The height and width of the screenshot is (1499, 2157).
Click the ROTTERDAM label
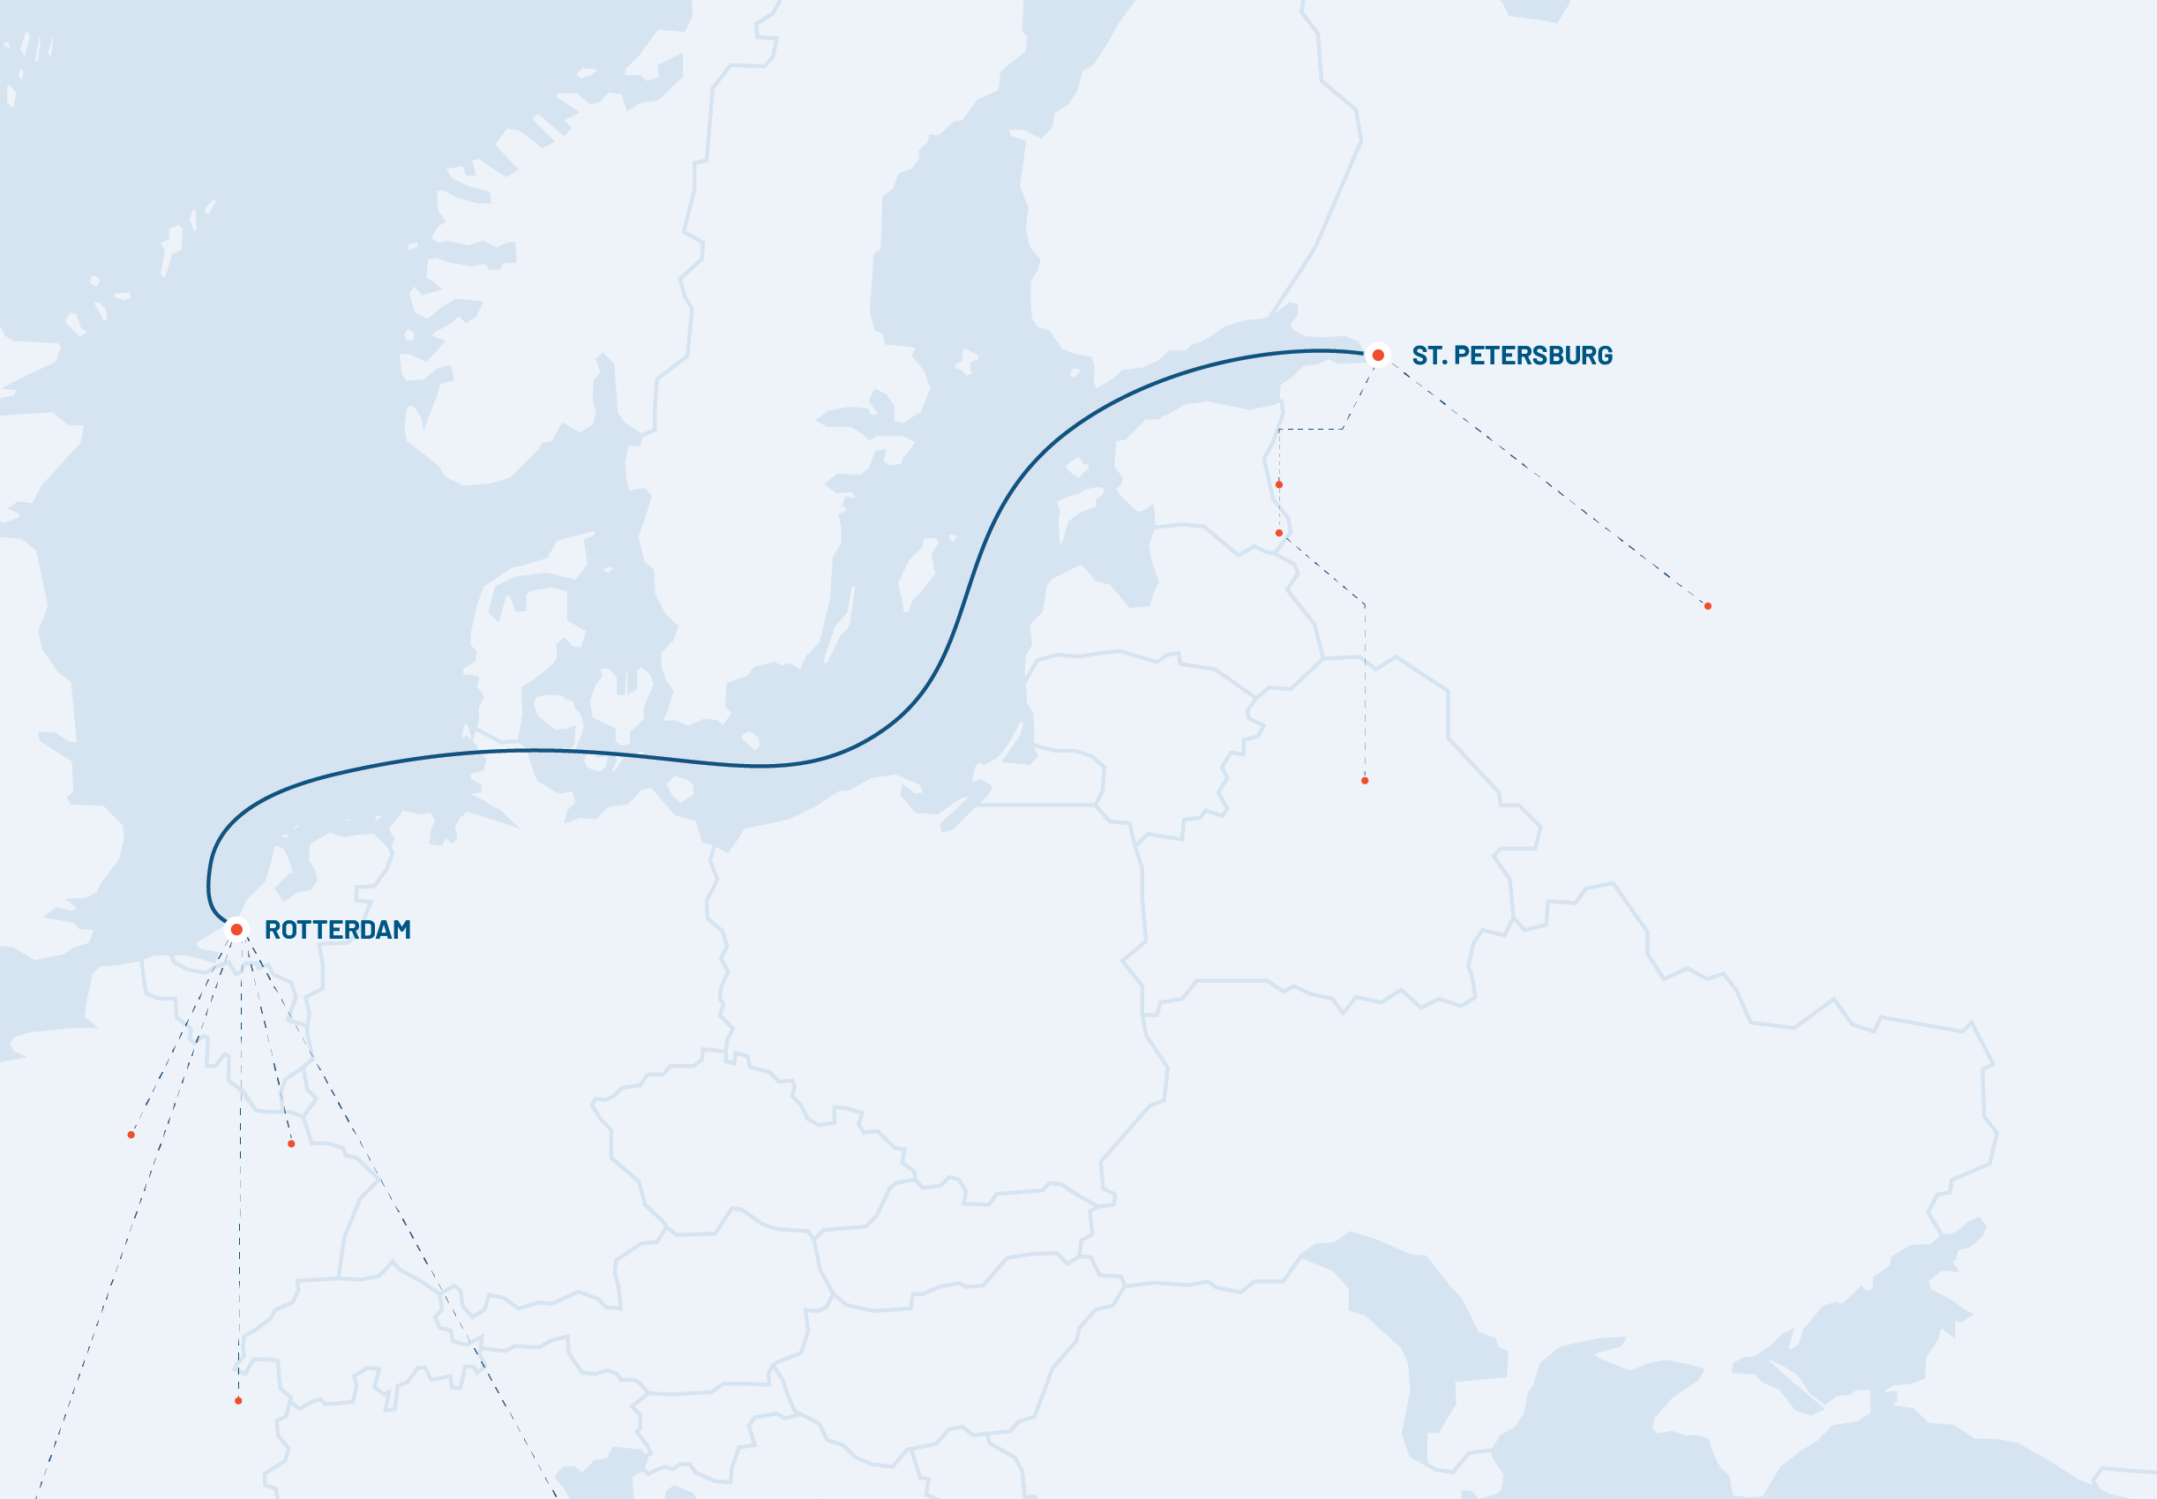click(337, 930)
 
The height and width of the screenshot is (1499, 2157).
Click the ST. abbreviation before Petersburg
click(1428, 356)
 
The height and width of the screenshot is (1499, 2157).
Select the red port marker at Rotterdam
click(236, 929)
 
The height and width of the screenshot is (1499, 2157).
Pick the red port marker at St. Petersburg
click(1378, 355)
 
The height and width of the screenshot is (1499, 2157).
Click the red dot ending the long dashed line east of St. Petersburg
click(1707, 606)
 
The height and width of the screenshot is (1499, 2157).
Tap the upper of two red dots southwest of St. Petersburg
click(1279, 484)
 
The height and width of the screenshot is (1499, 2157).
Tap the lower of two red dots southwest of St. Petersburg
click(1279, 533)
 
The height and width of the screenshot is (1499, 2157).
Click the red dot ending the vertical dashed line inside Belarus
click(1365, 781)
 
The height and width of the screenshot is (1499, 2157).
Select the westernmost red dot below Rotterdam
click(131, 1135)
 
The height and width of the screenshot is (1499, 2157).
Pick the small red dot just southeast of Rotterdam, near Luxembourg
click(291, 1144)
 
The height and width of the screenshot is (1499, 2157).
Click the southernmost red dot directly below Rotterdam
click(238, 1400)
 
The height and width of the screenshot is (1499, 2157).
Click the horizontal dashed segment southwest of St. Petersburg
click(1310, 429)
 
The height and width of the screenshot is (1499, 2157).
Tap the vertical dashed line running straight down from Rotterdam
click(240, 1174)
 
